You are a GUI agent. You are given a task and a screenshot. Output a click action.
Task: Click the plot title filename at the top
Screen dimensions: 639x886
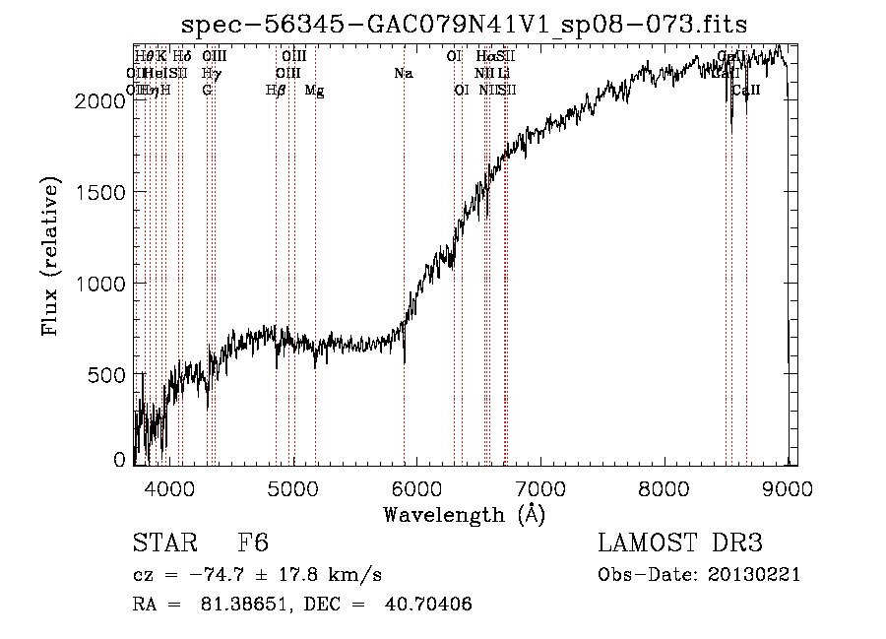pyautogui.click(x=466, y=26)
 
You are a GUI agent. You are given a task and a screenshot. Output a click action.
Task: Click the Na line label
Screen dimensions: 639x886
pyautogui.click(x=403, y=73)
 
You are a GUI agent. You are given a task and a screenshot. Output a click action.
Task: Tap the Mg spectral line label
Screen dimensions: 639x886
pyautogui.click(x=315, y=91)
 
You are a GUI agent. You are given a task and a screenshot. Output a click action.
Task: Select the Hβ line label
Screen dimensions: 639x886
pyautogui.click(x=276, y=91)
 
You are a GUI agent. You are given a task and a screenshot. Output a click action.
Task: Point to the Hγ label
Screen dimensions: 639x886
pyautogui.click(x=211, y=73)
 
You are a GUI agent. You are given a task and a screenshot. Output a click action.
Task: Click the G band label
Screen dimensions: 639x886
pyautogui.click(x=207, y=91)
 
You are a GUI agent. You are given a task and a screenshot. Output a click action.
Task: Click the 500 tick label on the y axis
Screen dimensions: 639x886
pyautogui.click(x=108, y=375)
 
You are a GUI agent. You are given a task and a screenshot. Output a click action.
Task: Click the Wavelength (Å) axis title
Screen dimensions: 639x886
pyautogui.click(x=464, y=514)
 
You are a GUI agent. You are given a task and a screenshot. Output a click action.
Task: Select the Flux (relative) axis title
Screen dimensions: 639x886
pyautogui.click(x=50, y=257)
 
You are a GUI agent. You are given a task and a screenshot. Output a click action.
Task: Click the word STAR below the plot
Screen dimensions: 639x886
pyautogui.click(x=162, y=543)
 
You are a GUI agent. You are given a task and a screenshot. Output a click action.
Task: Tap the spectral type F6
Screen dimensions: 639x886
pyautogui.click(x=253, y=543)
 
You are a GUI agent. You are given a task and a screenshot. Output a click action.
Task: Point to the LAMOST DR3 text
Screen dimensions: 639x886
pyautogui.click(x=679, y=543)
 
